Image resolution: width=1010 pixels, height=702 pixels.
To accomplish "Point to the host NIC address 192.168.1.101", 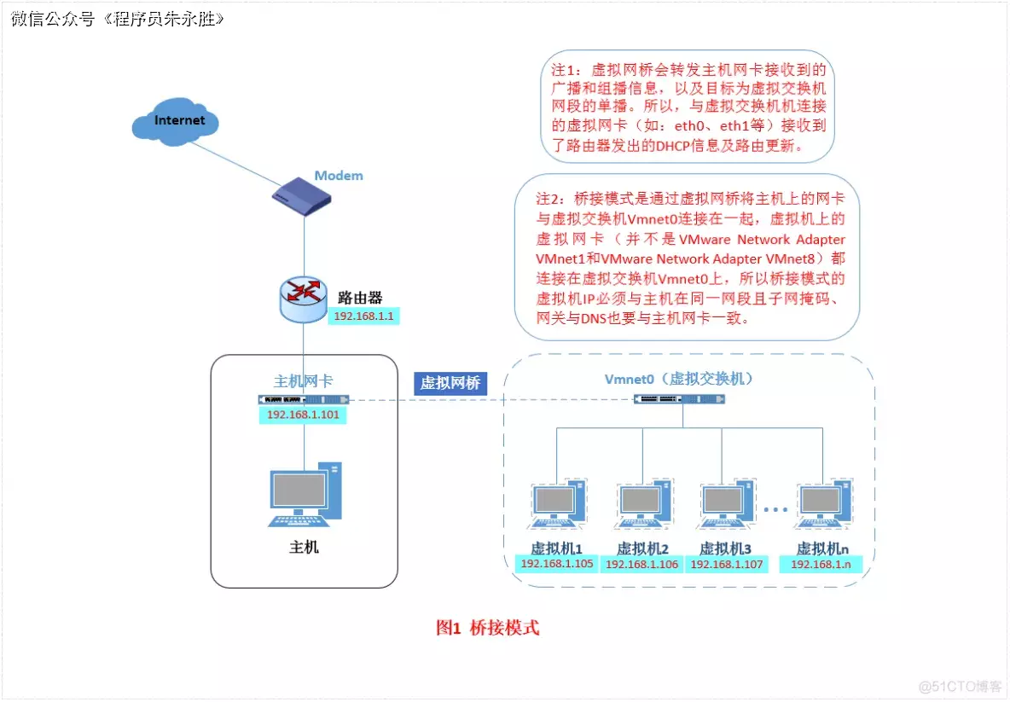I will [x=305, y=415].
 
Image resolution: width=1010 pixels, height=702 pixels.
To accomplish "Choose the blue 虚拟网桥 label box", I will [x=450, y=383].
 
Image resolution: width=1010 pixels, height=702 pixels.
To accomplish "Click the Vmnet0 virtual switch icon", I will [x=681, y=398].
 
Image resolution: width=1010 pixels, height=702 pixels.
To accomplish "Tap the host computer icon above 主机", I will [x=305, y=495].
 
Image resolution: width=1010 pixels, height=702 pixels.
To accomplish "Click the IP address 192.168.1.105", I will [x=557, y=564].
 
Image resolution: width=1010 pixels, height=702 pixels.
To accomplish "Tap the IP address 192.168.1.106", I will [x=641, y=565].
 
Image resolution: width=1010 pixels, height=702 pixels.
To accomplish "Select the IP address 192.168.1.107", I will [x=727, y=565].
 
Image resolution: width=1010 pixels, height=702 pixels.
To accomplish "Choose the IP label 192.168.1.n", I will [x=821, y=565].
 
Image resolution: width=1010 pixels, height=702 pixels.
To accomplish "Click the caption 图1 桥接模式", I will [x=487, y=628].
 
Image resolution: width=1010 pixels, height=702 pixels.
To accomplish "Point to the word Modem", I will [x=338, y=176].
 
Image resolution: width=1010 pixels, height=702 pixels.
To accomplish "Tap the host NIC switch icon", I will [x=305, y=399].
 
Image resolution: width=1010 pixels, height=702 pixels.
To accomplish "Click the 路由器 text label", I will [x=359, y=298].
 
